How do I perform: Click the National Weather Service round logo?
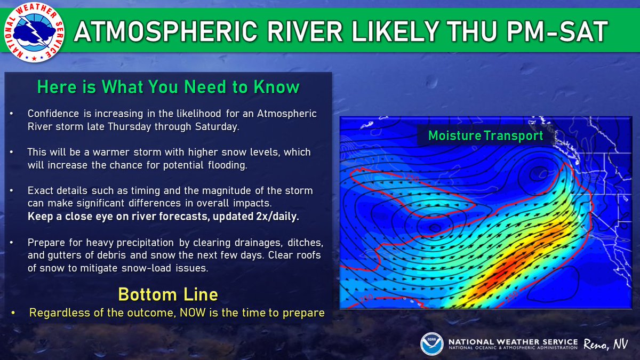[33, 33]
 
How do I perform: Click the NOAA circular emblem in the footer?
[430, 343]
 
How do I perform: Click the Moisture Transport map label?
[485, 135]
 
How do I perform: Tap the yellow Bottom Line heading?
[168, 294]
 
